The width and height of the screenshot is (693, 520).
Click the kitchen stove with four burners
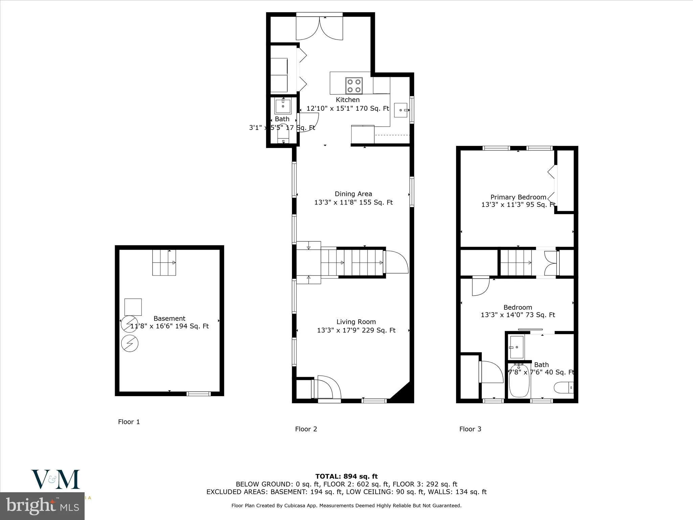tap(354, 86)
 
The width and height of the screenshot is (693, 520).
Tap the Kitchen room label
tap(348, 100)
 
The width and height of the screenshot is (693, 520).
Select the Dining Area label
tap(353, 194)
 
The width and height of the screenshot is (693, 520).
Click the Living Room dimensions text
tap(356, 330)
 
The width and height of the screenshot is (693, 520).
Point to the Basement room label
tap(169, 319)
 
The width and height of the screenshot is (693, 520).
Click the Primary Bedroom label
tap(518, 197)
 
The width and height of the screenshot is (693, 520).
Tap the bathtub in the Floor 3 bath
tap(519, 381)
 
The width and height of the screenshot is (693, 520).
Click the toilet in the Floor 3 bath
tap(564, 387)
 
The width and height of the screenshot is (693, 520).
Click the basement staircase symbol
tap(164, 263)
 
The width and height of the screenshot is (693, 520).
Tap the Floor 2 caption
tap(306, 429)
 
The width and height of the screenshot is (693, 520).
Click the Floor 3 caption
tap(470, 429)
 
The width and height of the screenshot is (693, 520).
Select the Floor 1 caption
tap(129, 422)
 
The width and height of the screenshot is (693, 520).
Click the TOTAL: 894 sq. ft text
tap(346, 476)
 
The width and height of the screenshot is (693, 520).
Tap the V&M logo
tap(56, 479)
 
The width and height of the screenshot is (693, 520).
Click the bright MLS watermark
tap(42, 506)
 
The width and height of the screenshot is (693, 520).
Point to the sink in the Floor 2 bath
tap(283, 106)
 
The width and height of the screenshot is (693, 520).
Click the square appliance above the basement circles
tap(133, 307)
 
